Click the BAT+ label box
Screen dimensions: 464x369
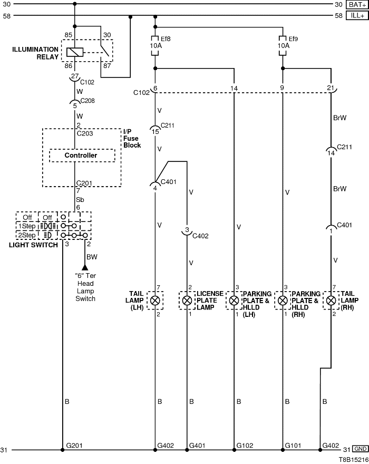[357, 4]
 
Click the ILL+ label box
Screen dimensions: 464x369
[357, 16]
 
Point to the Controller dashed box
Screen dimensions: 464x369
[81, 156]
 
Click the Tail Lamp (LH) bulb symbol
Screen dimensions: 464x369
[155, 301]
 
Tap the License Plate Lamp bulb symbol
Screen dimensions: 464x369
[187, 301]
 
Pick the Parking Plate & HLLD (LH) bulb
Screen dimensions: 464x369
[234, 301]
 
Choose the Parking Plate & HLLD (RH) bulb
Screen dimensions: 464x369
[283, 301]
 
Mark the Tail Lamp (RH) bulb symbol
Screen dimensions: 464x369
[331, 301]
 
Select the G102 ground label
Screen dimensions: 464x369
[245, 446]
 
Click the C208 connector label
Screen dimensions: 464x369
[88, 100]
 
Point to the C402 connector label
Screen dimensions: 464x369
[200, 236]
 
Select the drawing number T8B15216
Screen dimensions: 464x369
[353, 459]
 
